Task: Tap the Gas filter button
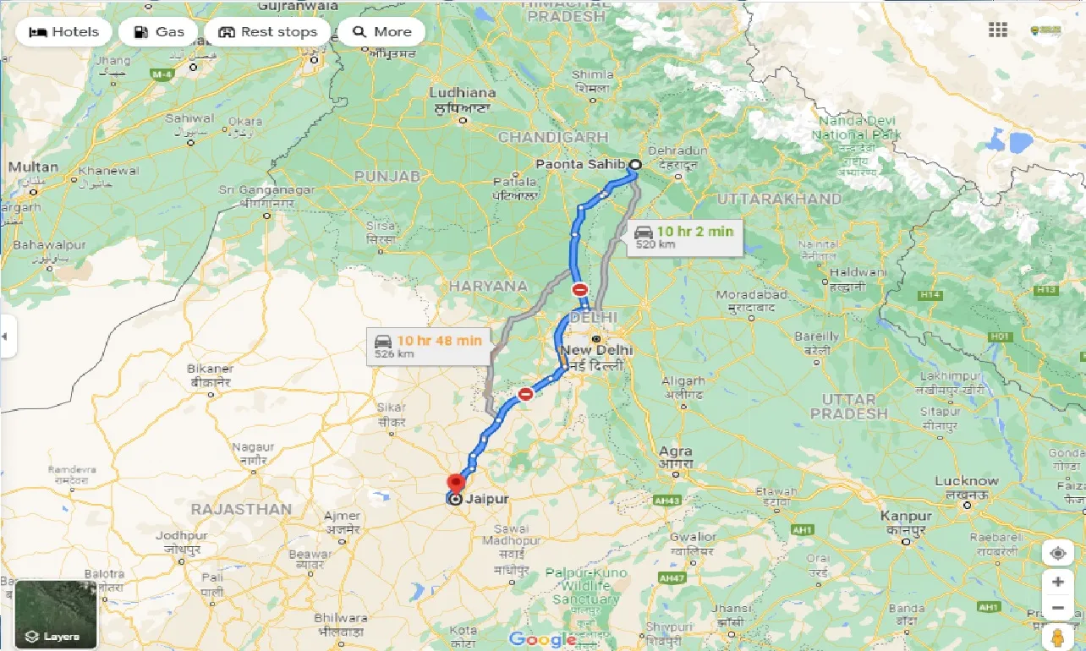(x=158, y=32)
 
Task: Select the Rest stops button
(x=267, y=32)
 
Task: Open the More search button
(x=381, y=32)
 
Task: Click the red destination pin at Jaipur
(x=456, y=484)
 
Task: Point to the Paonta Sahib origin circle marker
(x=634, y=165)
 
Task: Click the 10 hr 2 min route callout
(x=684, y=237)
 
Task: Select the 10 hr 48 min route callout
(x=428, y=346)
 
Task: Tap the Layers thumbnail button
(x=56, y=615)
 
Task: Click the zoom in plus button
(x=1057, y=582)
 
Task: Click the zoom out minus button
(x=1057, y=608)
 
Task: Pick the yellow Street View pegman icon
(x=1057, y=637)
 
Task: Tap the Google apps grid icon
(x=998, y=30)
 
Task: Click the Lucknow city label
(x=966, y=481)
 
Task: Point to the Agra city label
(x=677, y=451)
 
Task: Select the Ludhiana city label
(x=463, y=93)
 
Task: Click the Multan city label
(x=33, y=167)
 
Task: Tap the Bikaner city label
(x=210, y=369)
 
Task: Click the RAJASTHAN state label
(x=241, y=509)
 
